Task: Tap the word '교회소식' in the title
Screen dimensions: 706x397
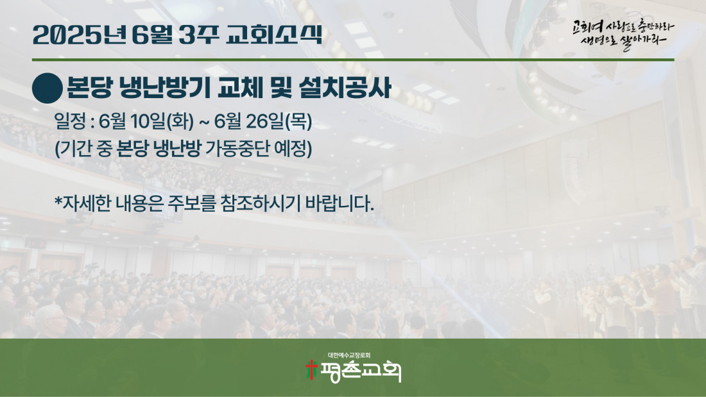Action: [x=274, y=35]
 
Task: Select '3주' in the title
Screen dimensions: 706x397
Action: [x=198, y=35]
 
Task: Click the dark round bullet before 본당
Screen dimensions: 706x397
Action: [x=47, y=89]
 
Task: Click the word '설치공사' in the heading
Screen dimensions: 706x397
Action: [x=345, y=87]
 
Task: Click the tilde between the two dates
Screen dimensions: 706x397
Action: [x=204, y=122]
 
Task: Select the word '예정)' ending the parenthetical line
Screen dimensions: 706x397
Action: [x=293, y=149]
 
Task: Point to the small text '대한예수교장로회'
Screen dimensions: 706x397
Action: [x=349, y=355]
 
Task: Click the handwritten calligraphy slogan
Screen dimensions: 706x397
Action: [x=623, y=34]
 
